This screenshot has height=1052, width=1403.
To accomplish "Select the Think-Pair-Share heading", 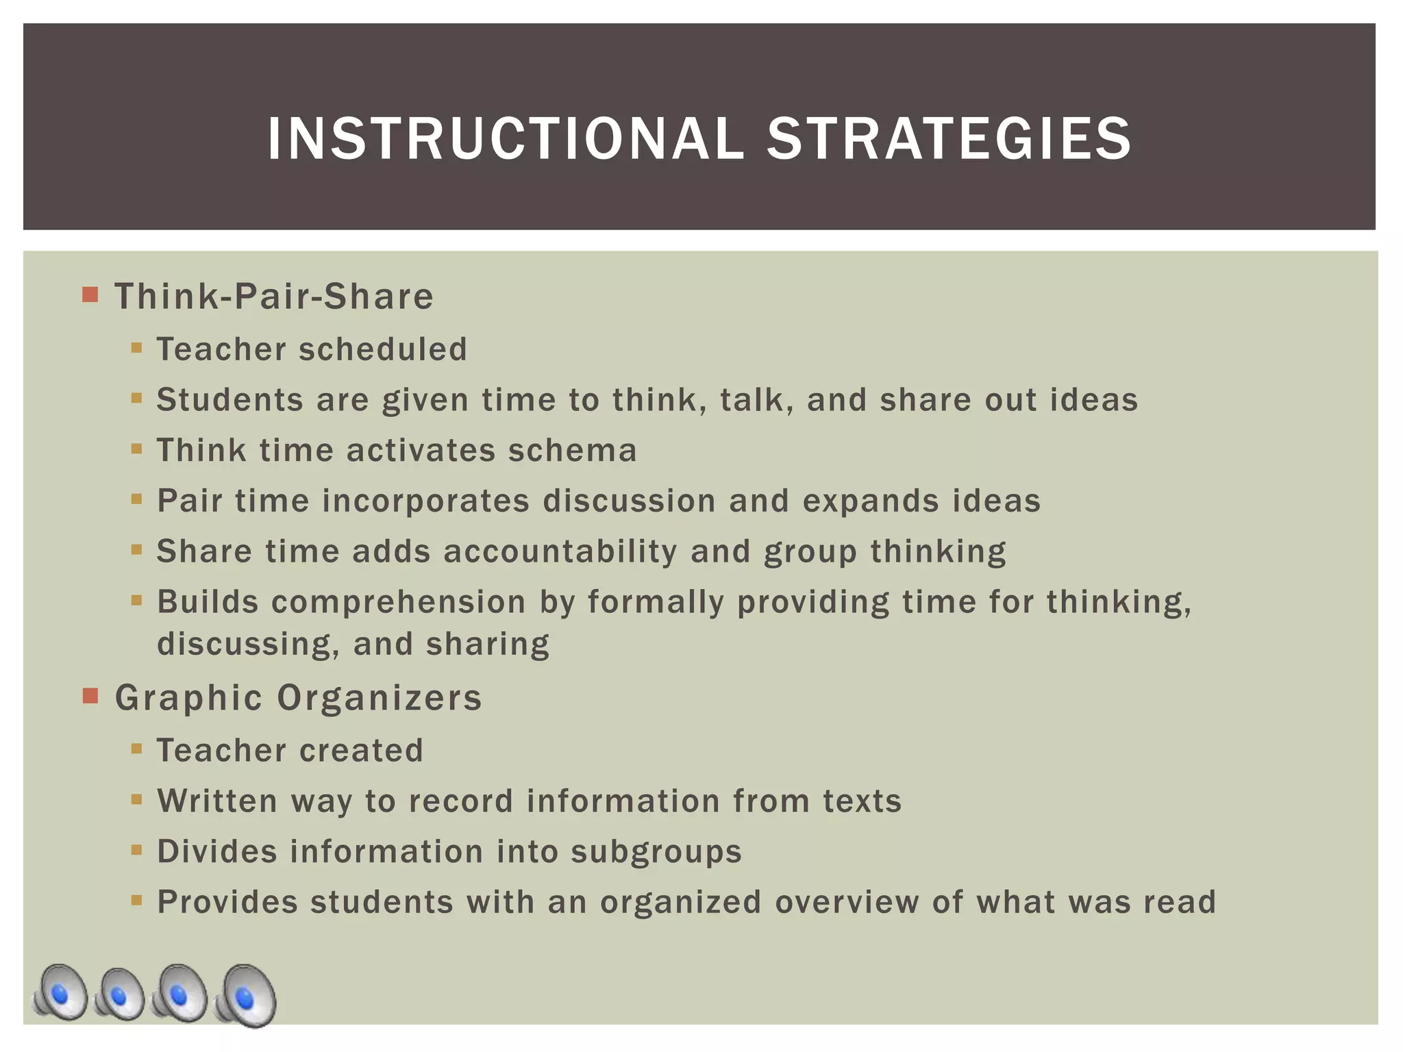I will tap(274, 297).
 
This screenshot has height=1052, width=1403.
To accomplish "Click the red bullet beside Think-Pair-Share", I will tap(90, 295).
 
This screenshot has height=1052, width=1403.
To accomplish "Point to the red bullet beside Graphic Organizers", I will tap(90, 697).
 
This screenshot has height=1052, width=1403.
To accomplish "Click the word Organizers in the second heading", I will tap(380, 698).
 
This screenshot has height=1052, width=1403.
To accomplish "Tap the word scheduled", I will tap(383, 349).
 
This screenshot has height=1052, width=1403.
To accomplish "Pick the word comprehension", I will tap(399, 603).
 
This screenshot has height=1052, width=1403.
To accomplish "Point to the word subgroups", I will tap(656, 852).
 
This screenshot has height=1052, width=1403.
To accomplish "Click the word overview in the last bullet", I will tap(847, 903).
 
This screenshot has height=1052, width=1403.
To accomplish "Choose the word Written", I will tap(217, 801).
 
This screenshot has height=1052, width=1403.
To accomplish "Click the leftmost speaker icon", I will tap(60, 992).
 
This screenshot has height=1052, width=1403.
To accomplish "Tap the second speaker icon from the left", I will tap(119, 994).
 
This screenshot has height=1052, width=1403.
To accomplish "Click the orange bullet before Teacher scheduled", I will tap(136, 348).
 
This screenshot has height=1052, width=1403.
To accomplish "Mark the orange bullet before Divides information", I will tap(136, 851).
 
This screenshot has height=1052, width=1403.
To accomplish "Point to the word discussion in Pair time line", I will tap(629, 501).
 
